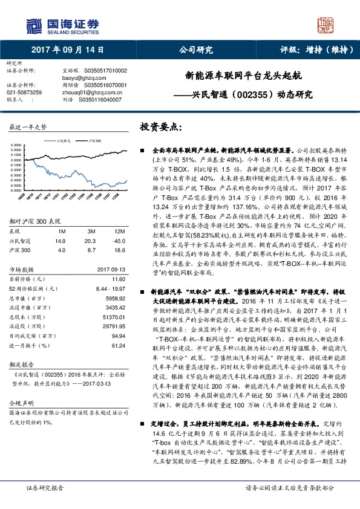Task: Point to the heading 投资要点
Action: point(160,128)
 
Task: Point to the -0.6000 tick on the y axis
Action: point(16,189)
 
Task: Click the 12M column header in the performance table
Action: point(119,232)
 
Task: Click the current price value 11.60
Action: point(119,279)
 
